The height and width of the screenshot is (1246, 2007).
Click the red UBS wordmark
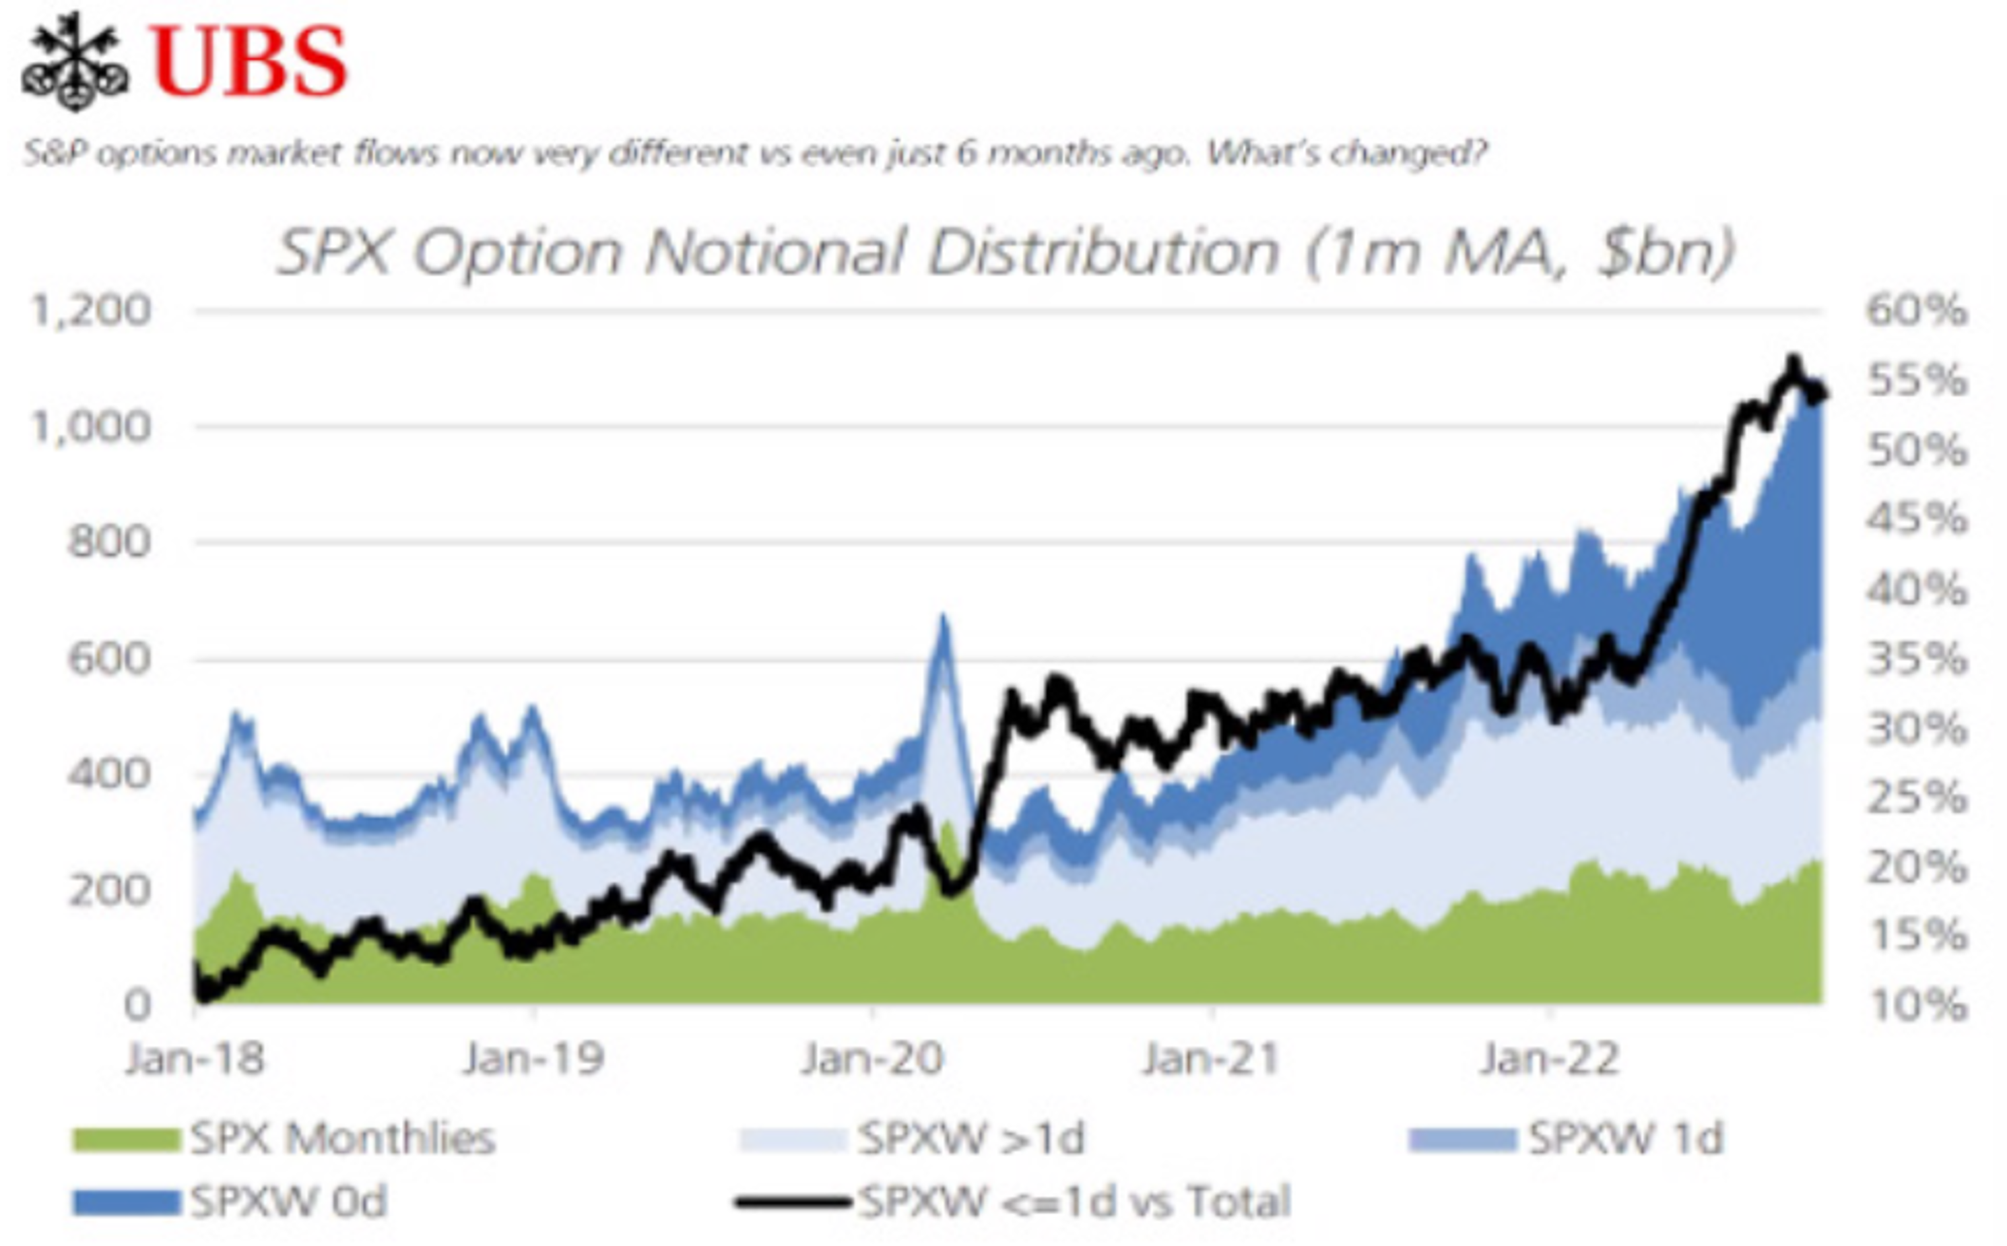pos(249,63)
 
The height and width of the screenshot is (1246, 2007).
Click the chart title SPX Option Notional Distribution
pos(1005,251)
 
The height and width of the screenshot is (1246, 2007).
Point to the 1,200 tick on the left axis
pos(92,311)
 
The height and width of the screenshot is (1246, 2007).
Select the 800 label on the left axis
pos(110,542)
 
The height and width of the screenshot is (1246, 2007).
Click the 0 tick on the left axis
pos(137,1006)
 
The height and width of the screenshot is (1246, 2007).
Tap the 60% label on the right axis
pos(1916,311)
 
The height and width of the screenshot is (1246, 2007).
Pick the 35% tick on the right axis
pos(1916,659)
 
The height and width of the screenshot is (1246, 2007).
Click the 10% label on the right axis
pos(1916,1006)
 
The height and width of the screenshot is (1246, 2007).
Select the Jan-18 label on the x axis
pos(195,1059)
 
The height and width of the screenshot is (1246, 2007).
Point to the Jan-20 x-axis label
pos(872,1059)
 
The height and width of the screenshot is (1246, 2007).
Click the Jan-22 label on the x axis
pos(1550,1059)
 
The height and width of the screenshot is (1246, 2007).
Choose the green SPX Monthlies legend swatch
pos(126,1140)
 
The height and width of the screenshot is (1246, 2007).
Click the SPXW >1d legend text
pos(970,1140)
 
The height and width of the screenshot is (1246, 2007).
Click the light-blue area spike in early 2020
pos(942,626)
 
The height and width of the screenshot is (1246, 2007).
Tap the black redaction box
pos(1756,96)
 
